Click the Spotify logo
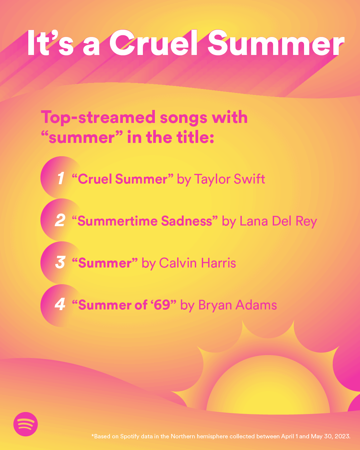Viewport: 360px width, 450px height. click(x=26, y=424)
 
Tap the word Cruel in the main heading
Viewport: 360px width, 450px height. click(x=154, y=44)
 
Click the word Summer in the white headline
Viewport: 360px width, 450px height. click(x=276, y=44)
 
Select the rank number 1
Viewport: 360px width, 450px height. click(x=61, y=179)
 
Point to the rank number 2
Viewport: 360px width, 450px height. click(x=60, y=221)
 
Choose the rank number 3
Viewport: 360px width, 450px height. click(x=60, y=262)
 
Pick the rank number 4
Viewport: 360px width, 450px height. click(x=60, y=304)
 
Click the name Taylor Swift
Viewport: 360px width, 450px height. click(x=229, y=179)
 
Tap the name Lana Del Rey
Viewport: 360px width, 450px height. click(x=278, y=221)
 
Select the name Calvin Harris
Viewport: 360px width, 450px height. click(x=197, y=263)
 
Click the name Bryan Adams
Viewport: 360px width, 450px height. click(x=237, y=305)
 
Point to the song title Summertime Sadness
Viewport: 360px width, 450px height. click(x=145, y=221)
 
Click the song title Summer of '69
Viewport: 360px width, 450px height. click(x=124, y=305)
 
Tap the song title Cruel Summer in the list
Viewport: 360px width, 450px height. click(x=123, y=179)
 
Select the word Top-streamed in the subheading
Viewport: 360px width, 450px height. click(x=98, y=118)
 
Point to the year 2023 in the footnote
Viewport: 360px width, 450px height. click(x=342, y=436)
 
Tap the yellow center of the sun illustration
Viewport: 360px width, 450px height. click(x=268, y=395)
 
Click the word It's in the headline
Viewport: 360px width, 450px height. click(x=50, y=44)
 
